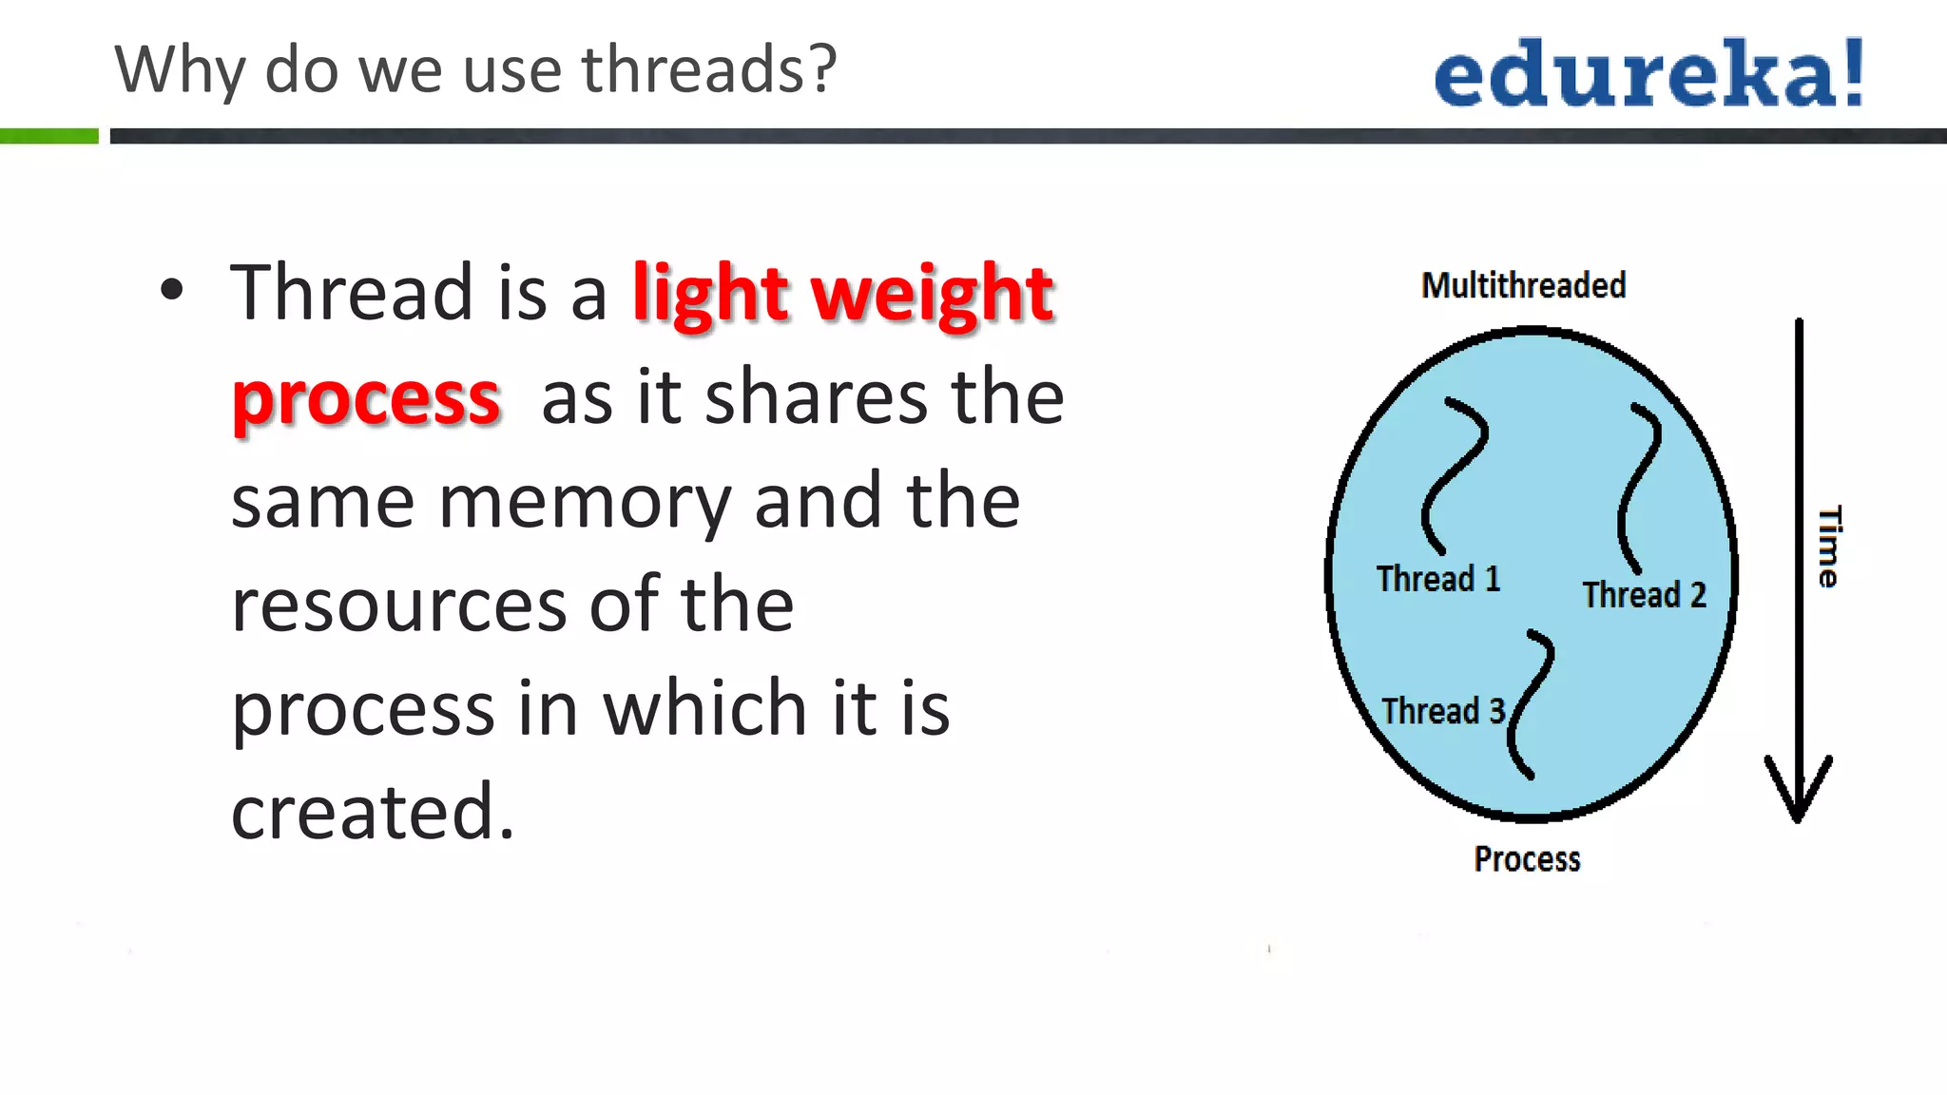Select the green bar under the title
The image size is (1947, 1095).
[48, 136]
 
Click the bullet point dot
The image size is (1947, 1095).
[171, 290]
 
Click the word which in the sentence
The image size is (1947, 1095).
[706, 708]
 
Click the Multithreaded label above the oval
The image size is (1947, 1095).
[1523, 285]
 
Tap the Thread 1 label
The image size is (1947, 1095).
[1438, 578]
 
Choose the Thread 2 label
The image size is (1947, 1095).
[1644, 595]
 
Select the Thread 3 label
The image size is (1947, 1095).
[1443, 711]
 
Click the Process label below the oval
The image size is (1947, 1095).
[1527, 859]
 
